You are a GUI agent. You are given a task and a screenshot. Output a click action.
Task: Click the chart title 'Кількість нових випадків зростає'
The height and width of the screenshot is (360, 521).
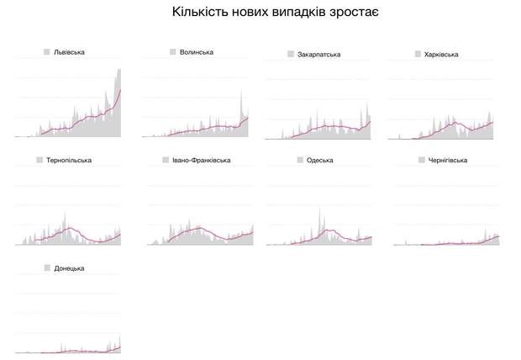[x=260, y=13]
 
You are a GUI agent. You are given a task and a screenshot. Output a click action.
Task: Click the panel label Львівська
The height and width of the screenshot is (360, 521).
[x=69, y=52]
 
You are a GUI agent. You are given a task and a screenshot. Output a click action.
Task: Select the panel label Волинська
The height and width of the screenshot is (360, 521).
[x=196, y=52]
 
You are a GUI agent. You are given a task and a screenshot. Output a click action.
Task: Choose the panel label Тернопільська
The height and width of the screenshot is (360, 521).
[x=69, y=160]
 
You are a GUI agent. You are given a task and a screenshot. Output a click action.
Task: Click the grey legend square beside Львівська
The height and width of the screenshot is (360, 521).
[x=47, y=52]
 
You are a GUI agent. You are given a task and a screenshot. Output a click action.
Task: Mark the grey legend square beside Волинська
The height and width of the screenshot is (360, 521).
[x=172, y=52]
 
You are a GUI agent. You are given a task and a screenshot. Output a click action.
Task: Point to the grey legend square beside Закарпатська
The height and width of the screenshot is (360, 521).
[x=291, y=55]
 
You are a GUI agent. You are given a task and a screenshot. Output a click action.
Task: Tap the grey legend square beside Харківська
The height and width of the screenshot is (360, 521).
[x=418, y=55]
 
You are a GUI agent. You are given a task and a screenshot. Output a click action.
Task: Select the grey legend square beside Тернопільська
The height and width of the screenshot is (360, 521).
[x=39, y=160]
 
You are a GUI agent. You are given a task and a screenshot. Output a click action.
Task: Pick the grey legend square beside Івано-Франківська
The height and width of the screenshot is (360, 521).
[x=166, y=160]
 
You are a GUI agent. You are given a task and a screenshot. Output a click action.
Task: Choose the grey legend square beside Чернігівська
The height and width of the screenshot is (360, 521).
[x=421, y=160]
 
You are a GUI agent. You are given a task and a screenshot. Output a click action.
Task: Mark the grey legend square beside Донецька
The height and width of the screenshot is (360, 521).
[x=47, y=268]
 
